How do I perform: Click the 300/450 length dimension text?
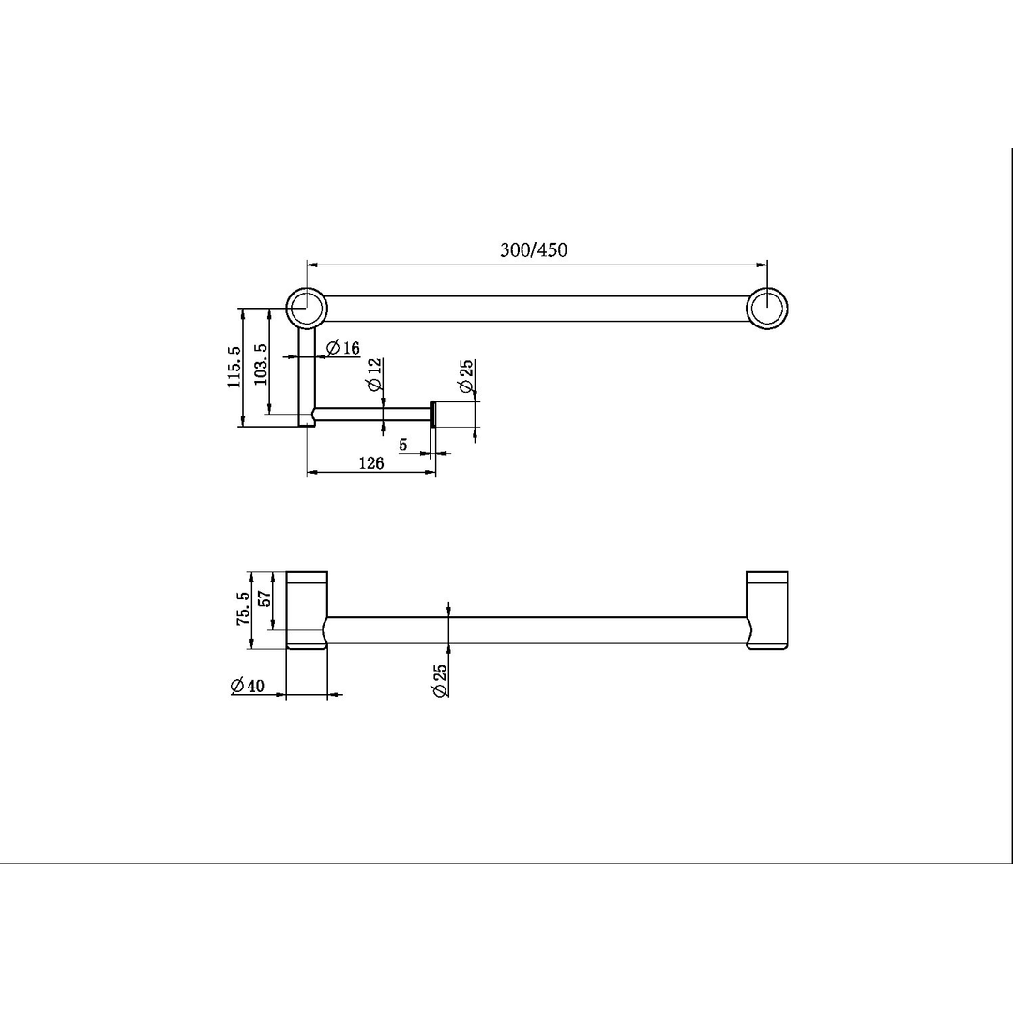534,249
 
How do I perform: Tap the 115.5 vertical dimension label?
234,367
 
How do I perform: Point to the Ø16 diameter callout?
343,349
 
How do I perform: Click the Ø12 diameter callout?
374,374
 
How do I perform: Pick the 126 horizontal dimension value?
371,463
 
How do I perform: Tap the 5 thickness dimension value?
403,445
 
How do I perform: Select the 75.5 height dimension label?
243,609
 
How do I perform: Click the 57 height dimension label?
265,598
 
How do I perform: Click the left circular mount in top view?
307,308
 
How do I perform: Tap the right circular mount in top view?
767,308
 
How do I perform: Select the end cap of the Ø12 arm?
432,415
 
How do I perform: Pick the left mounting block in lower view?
307,611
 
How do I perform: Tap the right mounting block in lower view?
767,611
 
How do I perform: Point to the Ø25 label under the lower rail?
440,677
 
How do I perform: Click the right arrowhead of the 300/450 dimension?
762,265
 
